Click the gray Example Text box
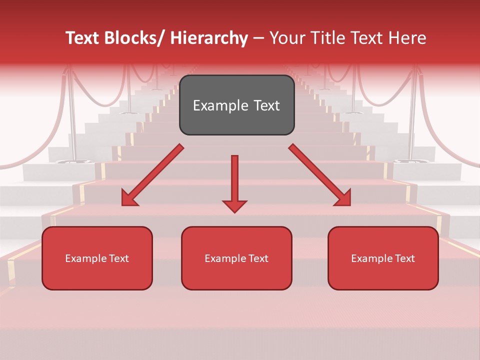(236, 105)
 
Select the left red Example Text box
(97, 258)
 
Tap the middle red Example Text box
(236, 258)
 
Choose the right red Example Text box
(383, 258)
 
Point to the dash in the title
(258, 38)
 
